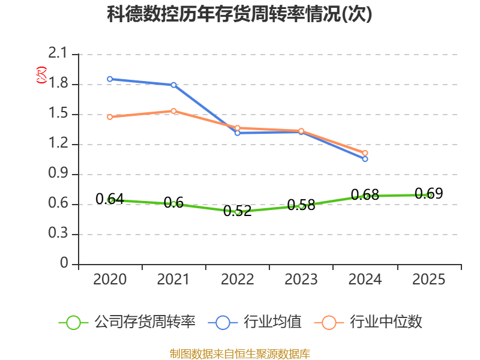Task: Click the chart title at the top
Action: click(239, 14)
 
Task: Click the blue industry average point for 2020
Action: click(110, 79)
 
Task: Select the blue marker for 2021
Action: click(173, 85)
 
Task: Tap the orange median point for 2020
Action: click(110, 117)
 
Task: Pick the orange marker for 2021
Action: click(173, 111)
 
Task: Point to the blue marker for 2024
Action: click(365, 159)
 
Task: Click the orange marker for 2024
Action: click(365, 153)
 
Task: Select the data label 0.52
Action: click(238, 211)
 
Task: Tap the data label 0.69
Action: click(429, 193)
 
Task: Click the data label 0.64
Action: click(110, 199)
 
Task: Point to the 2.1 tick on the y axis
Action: click(58, 53)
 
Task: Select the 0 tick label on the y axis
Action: click(64, 263)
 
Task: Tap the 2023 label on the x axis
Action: click(301, 280)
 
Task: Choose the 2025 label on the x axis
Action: click(428, 280)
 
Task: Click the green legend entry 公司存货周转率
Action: click(127, 322)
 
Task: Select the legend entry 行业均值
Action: click(254, 322)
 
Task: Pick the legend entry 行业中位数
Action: click(368, 322)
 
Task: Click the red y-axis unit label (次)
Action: click(41, 75)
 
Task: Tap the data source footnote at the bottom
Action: click(240, 354)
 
